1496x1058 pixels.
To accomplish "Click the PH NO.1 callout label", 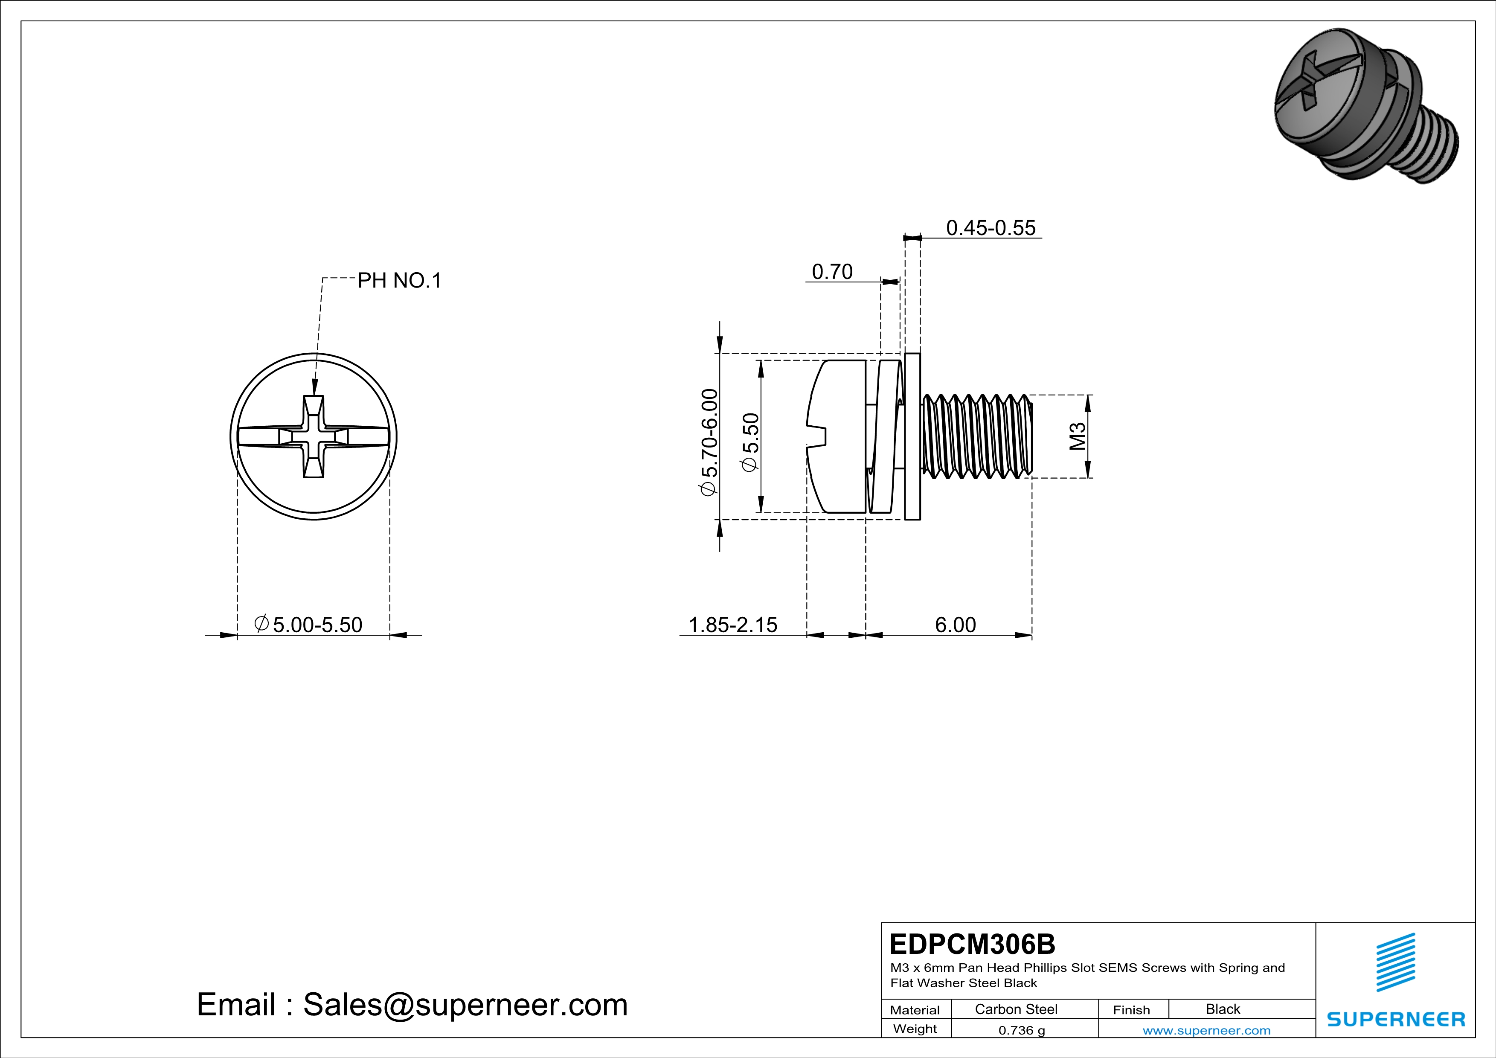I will coord(399,281).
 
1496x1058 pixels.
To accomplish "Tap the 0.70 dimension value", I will coord(832,272).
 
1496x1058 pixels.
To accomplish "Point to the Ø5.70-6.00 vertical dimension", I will coord(709,442).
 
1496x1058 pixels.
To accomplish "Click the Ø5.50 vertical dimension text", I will coord(751,442).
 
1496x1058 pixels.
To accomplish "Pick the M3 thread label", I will coord(1078,436).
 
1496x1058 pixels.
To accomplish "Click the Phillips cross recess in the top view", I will coord(314,436).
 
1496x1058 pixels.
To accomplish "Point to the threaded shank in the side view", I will coord(977,436).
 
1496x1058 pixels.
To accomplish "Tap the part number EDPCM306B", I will coord(972,944).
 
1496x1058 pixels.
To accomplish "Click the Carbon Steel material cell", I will coord(1016,1009).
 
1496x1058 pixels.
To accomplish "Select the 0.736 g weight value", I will coord(1021,1030).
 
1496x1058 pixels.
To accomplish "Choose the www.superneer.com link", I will coord(1206,1030).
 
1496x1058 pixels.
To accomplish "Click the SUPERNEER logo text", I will coord(1396,1019).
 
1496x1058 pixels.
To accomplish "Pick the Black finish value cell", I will coord(1222,1009).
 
